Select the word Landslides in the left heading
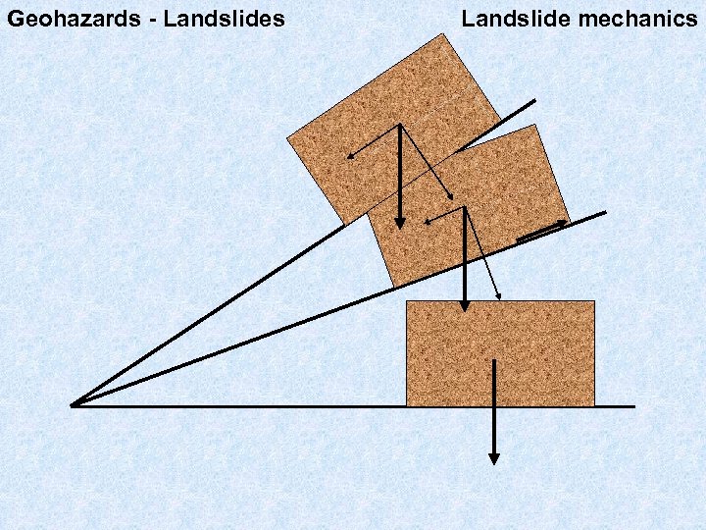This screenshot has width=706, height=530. coord(224,18)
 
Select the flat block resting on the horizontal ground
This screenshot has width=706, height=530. coord(500,353)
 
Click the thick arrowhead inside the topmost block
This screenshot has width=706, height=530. coord(399,223)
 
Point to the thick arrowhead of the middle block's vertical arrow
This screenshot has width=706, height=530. coord(465,306)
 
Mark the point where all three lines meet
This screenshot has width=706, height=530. coord(73,404)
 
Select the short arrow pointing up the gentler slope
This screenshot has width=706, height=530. coord(542,232)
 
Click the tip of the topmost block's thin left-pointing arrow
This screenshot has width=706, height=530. coord(346,157)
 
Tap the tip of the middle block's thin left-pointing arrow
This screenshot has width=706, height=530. coord(426,222)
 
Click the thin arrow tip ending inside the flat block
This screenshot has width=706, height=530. coord(501,297)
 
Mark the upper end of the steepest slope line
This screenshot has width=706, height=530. coord(534,100)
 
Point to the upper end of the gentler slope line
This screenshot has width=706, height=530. coord(605,212)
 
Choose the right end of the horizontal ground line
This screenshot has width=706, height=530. coord(634,406)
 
